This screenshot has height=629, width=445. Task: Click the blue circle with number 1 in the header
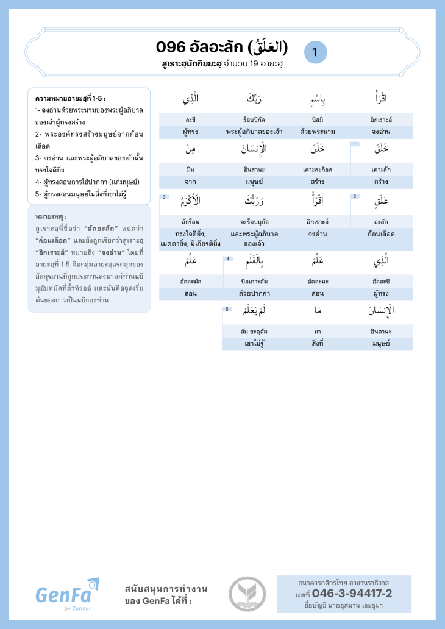pyautogui.click(x=315, y=52)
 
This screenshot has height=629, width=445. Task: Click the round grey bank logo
pyautogui.click(x=247, y=594)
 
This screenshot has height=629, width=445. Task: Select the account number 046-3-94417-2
pyautogui.click(x=352, y=594)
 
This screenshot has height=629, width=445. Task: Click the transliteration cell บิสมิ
pyautogui.click(x=317, y=119)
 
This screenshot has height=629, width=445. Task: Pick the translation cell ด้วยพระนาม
pyautogui.click(x=317, y=132)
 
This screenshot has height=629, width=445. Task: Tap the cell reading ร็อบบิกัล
pyautogui.click(x=254, y=119)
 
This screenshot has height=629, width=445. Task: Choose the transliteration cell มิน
pyautogui.click(x=190, y=170)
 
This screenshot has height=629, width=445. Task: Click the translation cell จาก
pyautogui.click(x=190, y=182)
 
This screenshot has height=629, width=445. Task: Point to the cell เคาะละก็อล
pyautogui.click(x=317, y=170)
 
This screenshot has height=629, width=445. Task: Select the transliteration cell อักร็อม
pyautogui.click(x=190, y=221)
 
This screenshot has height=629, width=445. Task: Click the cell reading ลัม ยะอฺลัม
pyautogui.click(x=254, y=332)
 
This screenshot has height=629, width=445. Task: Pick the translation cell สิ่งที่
pyautogui.click(x=317, y=344)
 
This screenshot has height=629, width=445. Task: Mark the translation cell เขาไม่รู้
pyautogui.click(x=254, y=344)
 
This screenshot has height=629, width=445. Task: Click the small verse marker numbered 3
pyautogui.click(x=165, y=196)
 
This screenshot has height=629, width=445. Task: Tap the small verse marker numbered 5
pyautogui.click(x=227, y=309)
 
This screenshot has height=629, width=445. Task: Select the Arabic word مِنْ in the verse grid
pyautogui.click(x=190, y=148)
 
